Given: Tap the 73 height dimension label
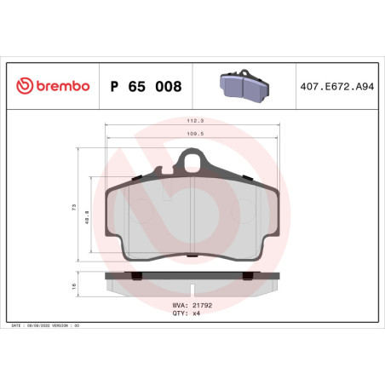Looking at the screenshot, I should [75, 207].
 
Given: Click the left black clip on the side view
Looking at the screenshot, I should [135, 274].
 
